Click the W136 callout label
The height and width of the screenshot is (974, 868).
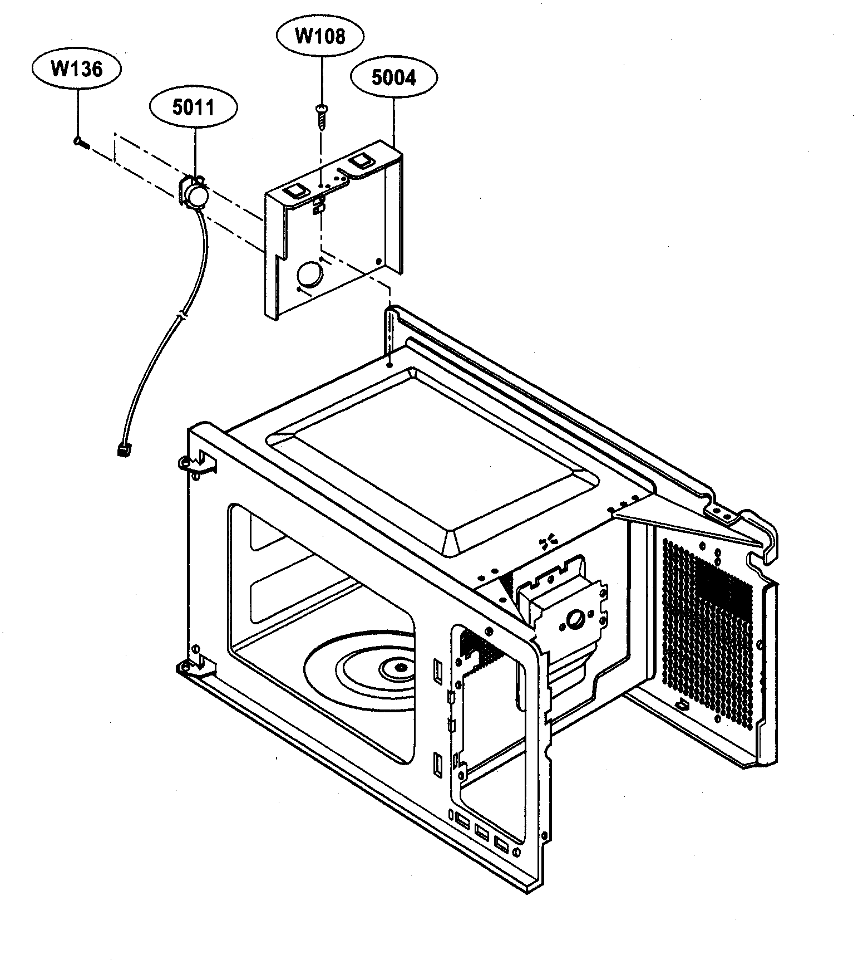(77, 69)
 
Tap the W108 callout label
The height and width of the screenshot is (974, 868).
(320, 36)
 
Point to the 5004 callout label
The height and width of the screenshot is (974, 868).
(394, 77)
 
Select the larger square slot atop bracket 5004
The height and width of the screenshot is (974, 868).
(361, 160)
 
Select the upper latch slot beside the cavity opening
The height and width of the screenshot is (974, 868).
(437, 671)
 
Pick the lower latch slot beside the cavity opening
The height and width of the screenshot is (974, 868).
(437, 763)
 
